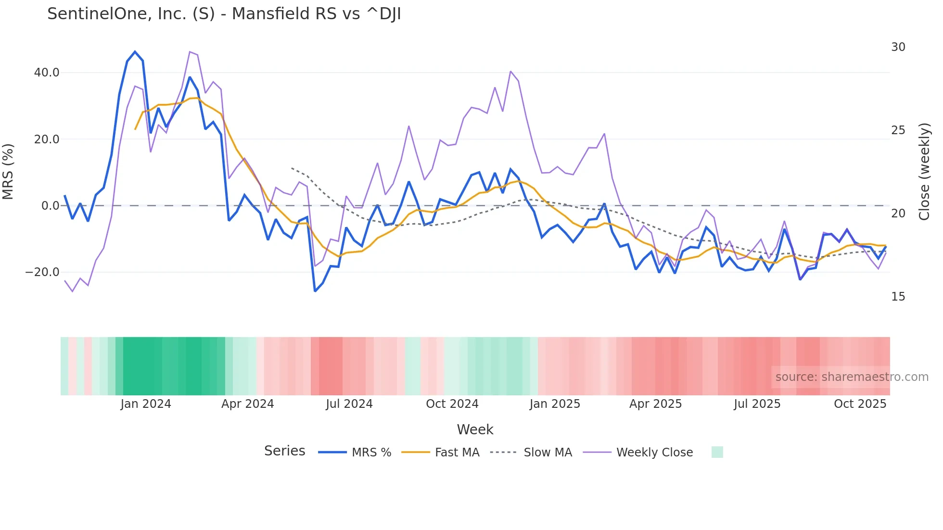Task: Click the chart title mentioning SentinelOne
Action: click(x=224, y=14)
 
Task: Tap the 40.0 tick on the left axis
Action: click(x=47, y=73)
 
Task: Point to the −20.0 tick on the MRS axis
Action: click(x=42, y=272)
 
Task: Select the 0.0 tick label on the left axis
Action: click(x=51, y=206)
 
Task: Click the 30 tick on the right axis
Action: click(x=898, y=47)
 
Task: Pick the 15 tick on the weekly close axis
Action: click(x=898, y=297)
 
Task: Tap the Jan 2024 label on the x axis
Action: click(x=146, y=404)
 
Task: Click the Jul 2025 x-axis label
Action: click(x=757, y=404)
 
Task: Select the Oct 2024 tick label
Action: click(x=452, y=404)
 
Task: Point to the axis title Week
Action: click(x=475, y=429)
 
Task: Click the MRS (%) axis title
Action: click(x=8, y=172)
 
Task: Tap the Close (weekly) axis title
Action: click(x=924, y=172)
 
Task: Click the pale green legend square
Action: click(x=717, y=452)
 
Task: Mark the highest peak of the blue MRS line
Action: click(x=135, y=52)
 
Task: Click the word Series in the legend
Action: click(x=284, y=451)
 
